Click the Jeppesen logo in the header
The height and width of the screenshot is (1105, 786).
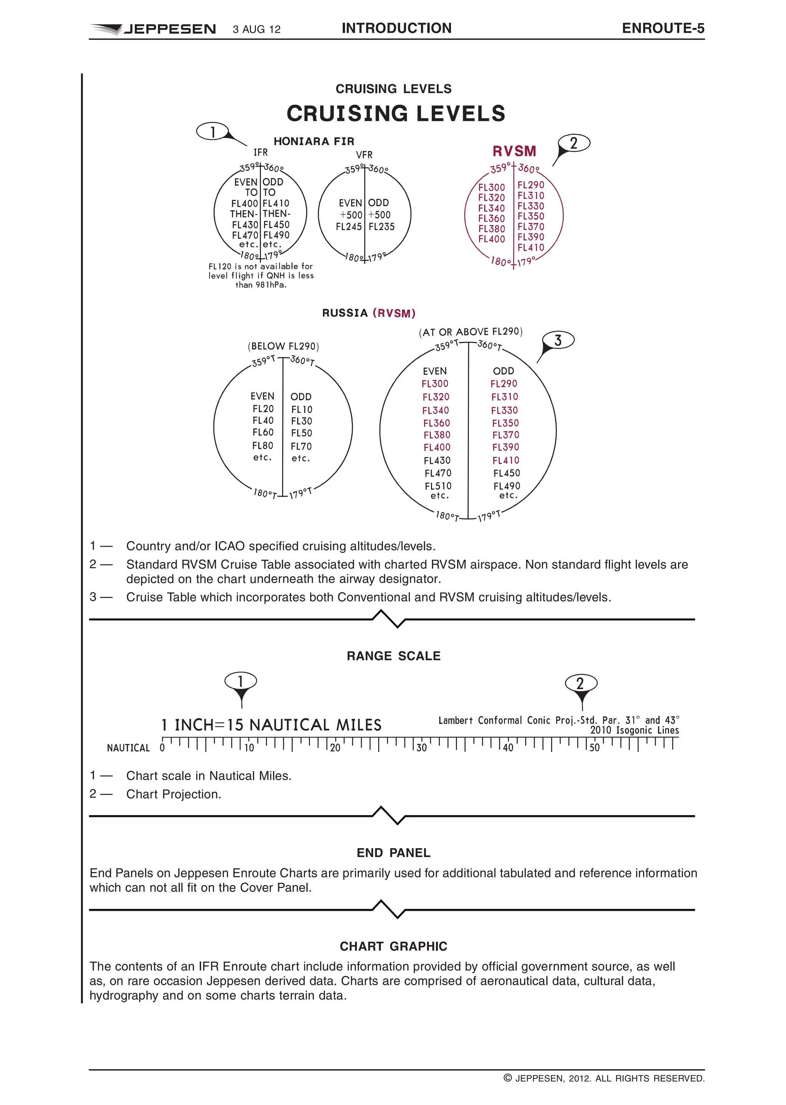point(154,29)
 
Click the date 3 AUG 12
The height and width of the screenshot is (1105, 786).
point(256,30)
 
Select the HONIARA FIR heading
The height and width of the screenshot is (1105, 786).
point(314,141)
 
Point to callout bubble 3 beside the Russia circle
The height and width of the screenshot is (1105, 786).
point(558,341)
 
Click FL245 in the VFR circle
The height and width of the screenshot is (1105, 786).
point(348,227)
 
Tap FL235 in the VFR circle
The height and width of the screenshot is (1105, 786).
point(381,227)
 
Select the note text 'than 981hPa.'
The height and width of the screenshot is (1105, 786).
point(261,285)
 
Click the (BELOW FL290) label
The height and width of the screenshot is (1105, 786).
point(283,346)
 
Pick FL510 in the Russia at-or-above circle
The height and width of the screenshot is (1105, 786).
point(438,486)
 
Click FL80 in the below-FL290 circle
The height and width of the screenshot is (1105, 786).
point(263,445)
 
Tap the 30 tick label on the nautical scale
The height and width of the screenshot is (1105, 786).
point(421,748)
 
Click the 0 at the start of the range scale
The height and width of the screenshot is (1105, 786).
point(162,748)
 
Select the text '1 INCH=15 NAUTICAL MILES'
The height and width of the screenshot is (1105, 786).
point(271,725)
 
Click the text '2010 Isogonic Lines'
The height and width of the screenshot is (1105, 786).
point(634,730)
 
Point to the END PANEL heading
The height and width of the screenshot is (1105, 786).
point(393,853)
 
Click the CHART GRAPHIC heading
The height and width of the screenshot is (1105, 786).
point(393,946)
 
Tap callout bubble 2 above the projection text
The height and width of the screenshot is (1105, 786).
point(580,683)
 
